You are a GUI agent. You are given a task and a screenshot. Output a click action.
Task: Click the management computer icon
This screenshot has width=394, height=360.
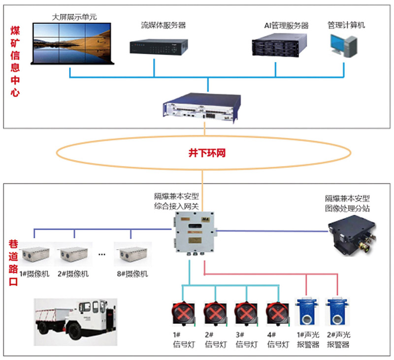tap(343, 46)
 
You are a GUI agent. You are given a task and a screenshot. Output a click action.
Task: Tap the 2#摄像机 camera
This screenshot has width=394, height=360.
tap(74, 254)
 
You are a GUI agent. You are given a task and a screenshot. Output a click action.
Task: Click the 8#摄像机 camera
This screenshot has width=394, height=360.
tap(132, 254)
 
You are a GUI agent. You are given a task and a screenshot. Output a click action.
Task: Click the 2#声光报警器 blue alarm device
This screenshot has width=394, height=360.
tap(337, 315)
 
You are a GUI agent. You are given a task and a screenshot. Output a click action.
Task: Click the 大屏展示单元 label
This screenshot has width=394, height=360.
tap(74, 17)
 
